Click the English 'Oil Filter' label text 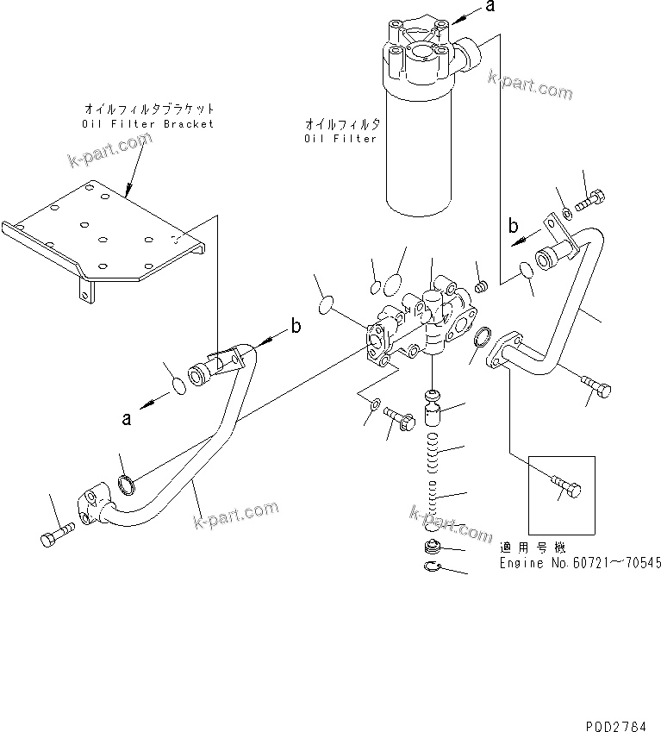342,138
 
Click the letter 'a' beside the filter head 490,8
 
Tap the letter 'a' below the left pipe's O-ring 126,419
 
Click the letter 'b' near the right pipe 513,228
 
